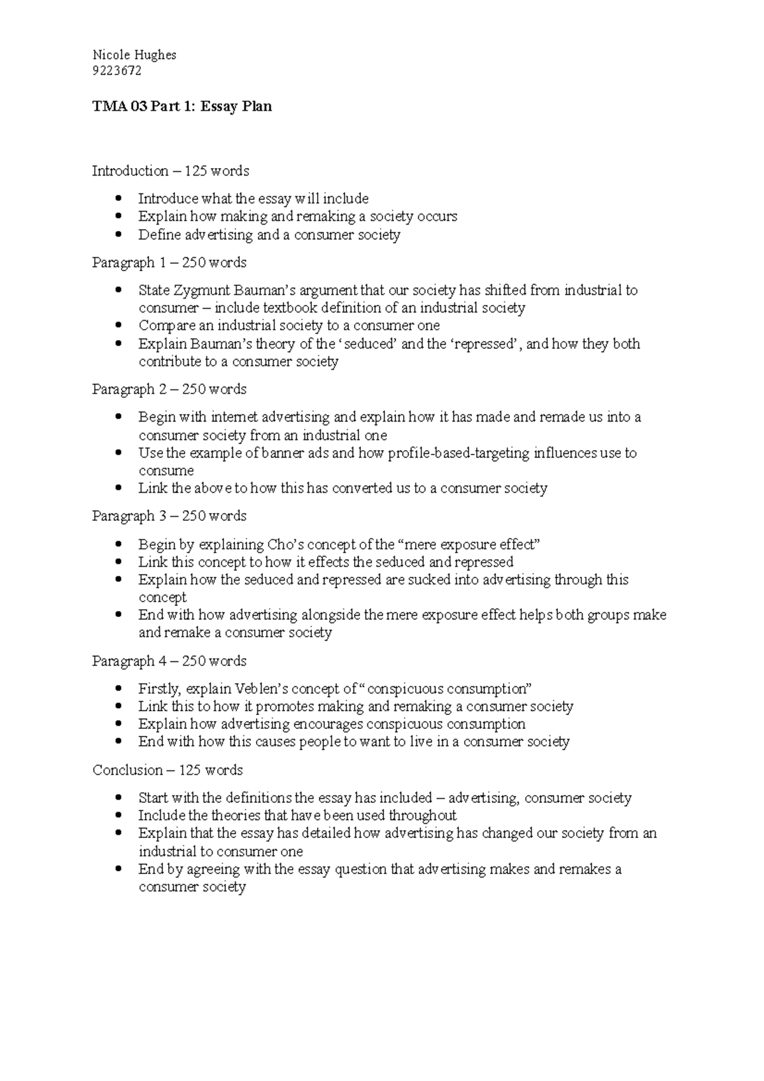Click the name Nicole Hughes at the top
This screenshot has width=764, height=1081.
pyautogui.click(x=134, y=55)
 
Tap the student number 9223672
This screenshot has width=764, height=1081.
pyautogui.click(x=117, y=71)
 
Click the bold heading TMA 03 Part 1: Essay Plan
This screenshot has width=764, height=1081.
pyautogui.click(x=182, y=106)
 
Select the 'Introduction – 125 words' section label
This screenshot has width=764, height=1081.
pyautogui.click(x=170, y=171)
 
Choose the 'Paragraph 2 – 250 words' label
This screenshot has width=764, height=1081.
pyautogui.click(x=169, y=389)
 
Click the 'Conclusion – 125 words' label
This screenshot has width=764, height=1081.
pyautogui.click(x=167, y=770)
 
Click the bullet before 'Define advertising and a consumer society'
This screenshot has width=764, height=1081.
pyautogui.click(x=119, y=235)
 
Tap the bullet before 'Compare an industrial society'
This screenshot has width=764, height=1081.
pyautogui.click(x=119, y=325)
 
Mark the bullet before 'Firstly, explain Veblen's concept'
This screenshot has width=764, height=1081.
pyautogui.click(x=119, y=689)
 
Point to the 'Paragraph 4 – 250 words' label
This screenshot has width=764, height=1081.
pyautogui.click(x=169, y=661)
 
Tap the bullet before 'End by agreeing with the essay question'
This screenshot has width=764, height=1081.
pyautogui.click(x=119, y=869)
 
